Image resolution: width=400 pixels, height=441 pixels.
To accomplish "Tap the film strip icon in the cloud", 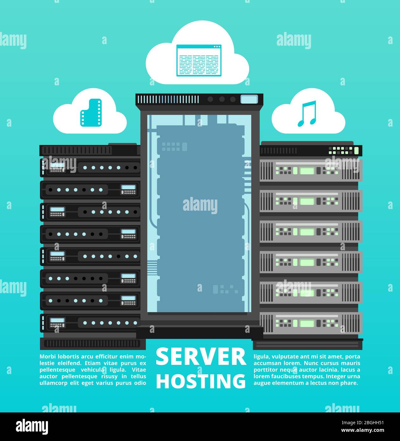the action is (91, 113).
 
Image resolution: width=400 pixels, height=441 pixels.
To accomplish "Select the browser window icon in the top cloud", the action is (199, 61).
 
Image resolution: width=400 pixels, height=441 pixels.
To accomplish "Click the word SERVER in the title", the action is (201, 358).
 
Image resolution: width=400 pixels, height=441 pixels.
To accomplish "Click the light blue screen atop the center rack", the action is (249, 99).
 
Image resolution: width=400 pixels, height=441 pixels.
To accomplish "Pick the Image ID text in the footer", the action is (363, 423).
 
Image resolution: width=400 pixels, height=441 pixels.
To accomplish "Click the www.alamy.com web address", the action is (363, 430).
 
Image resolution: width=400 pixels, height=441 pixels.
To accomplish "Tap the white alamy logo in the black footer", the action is (32, 427).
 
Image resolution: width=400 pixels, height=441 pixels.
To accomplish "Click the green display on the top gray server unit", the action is (307, 171).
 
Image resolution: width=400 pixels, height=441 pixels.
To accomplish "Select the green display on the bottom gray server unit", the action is (307, 323).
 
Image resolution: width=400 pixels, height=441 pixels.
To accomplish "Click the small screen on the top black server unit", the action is (57, 165).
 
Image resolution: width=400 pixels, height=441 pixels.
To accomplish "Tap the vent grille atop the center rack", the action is (168, 99).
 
